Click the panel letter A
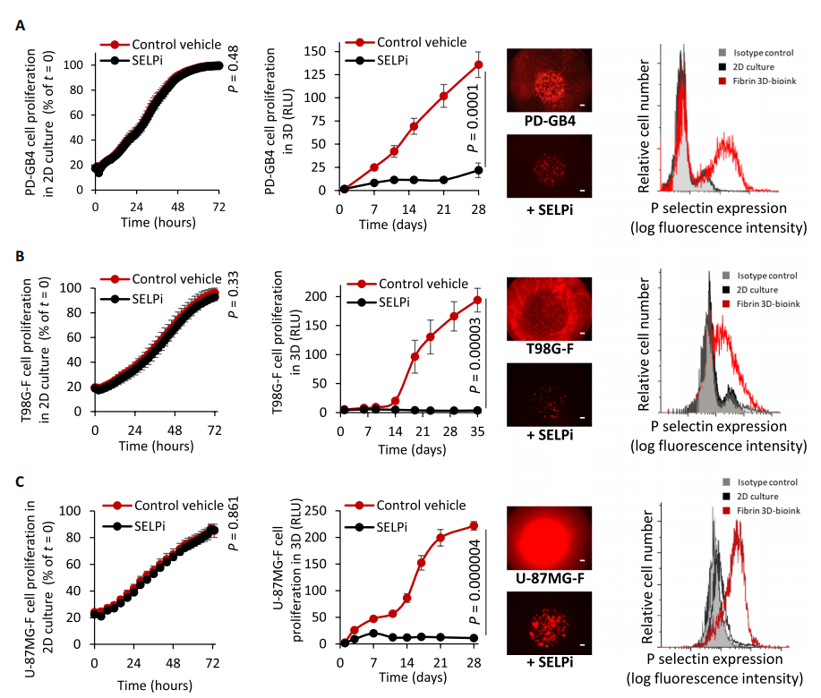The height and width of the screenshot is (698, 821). [x=21, y=27]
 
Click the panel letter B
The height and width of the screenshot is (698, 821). [x=21, y=257]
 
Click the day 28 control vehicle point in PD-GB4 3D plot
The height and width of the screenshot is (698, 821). [x=479, y=64]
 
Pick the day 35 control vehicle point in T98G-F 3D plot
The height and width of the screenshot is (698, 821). [x=478, y=300]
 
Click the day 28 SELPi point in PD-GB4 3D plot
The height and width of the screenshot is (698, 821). [x=479, y=170]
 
